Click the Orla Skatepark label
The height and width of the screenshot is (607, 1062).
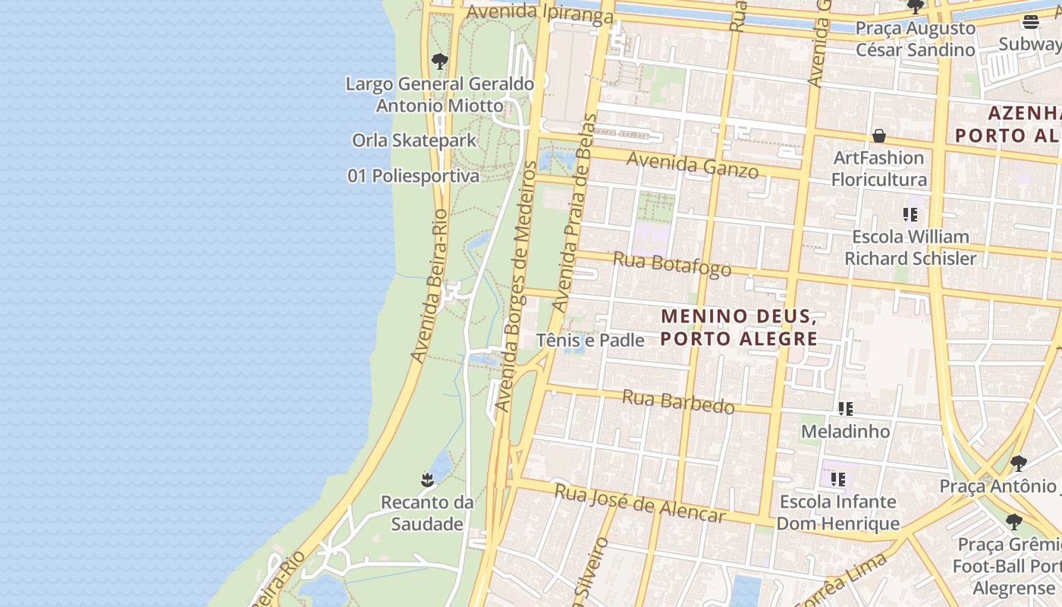pos(414,140)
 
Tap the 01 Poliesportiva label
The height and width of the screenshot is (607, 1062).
pos(413,176)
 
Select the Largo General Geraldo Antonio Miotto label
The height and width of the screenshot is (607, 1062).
pos(440,95)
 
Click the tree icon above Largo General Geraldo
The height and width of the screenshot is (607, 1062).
pos(439,61)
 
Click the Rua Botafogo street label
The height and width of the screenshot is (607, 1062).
pos(672,264)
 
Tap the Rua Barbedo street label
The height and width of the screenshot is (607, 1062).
pos(678,401)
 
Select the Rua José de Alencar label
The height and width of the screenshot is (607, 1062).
pos(640,503)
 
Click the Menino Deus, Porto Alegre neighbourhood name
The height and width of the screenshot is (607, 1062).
pos(739,327)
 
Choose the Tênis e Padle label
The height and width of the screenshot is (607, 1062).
pos(590,341)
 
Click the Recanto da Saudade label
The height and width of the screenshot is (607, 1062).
pos(427,513)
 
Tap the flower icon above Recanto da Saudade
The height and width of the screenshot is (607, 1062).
pos(428,480)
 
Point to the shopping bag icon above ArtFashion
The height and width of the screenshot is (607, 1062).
pos(879,136)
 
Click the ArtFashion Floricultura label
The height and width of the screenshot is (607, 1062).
pos(879,168)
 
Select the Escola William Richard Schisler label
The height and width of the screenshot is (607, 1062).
pos(910,247)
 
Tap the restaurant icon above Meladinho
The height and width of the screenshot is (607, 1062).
pos(846,409)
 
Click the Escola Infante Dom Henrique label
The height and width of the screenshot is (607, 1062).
pos(838,512)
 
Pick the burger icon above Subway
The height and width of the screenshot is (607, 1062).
pos(1030,21)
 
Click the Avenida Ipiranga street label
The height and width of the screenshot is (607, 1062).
pos(539,13)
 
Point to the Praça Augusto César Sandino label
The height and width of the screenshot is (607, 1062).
pos(916,39)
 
